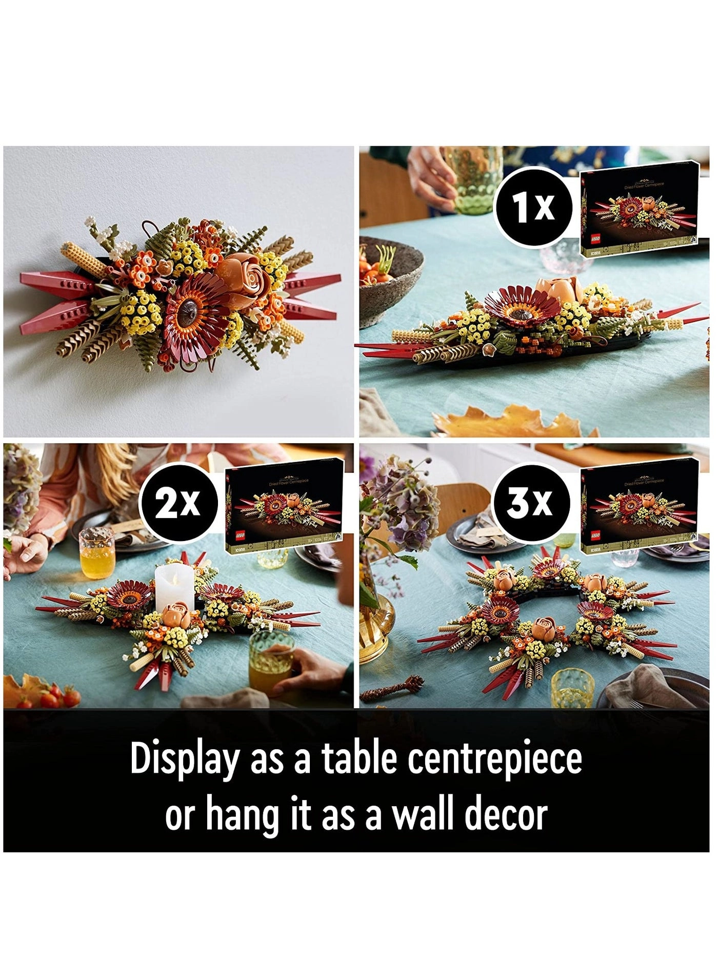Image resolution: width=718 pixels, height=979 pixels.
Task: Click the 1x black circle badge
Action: (533, 207)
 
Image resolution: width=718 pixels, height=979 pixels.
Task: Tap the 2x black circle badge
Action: (177, 503)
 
